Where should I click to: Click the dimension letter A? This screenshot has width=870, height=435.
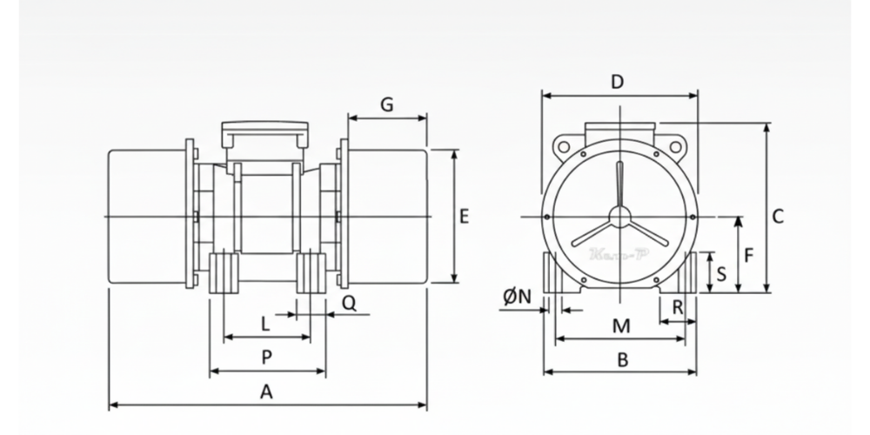click(x=267, y=392)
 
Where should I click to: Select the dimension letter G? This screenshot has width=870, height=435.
click(x=386, y=104)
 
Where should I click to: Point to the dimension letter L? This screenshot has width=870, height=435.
click(x=265, y=324)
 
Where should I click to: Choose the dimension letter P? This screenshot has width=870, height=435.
click(x=266, y=357)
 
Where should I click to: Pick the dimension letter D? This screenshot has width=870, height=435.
click(x=618, y=82)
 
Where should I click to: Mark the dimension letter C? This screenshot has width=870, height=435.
click(x=778, y=216)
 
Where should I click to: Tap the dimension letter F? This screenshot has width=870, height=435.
click(x=748, y=255)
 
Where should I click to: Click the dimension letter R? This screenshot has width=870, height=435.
click(x=678, y=305)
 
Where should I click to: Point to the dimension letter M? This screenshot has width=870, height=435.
click(x=620, y=325)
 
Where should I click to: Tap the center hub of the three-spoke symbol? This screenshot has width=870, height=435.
click(x=619, y=217)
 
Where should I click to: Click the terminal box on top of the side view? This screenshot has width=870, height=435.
click(x=265, y=134)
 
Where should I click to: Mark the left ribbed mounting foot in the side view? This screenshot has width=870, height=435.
click(x=224, y=272)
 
